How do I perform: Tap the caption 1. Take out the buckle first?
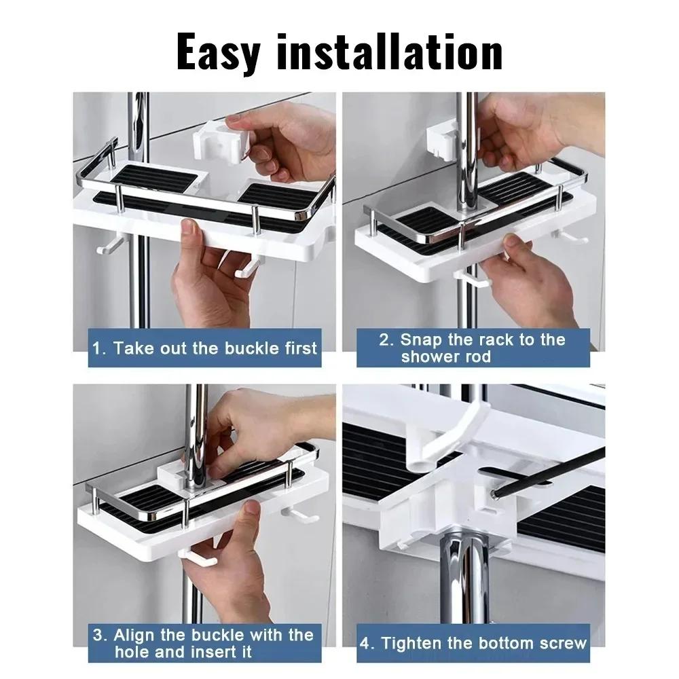point(204,348)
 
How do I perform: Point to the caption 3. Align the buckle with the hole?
point(203,644)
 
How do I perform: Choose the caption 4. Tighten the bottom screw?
point(473,643)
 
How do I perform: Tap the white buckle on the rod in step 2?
point(444,140)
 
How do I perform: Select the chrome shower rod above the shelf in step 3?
point(197,421)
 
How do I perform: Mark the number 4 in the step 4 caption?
point(367,643)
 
